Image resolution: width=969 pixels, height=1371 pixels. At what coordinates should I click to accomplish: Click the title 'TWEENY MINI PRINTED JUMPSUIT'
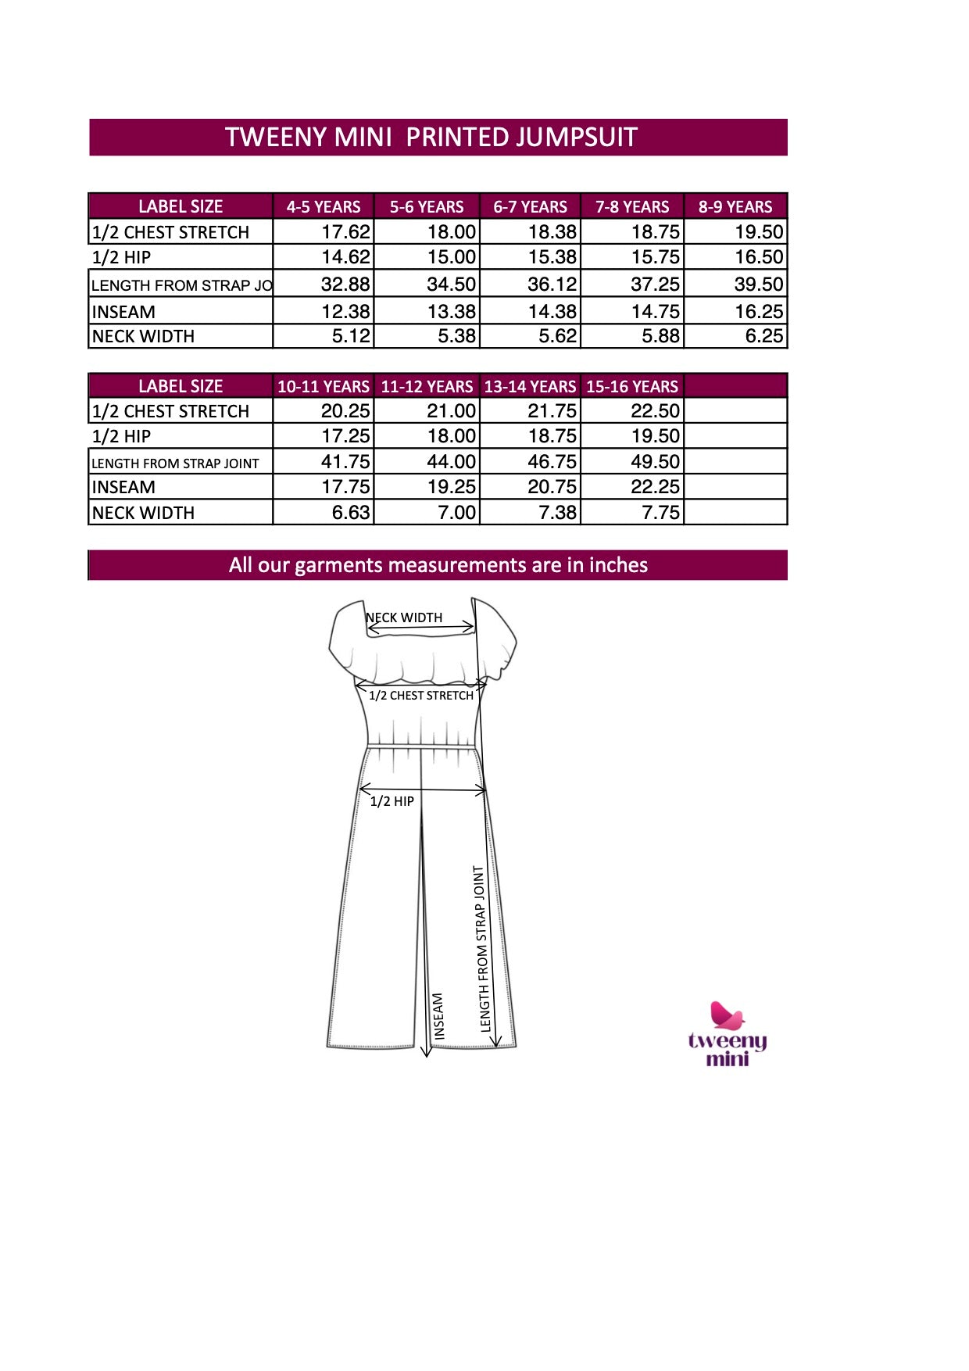(x=431, y=138)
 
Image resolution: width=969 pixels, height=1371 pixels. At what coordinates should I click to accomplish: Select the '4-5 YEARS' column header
(x=324, y=207)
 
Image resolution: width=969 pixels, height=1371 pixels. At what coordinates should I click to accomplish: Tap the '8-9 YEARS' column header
(x=735, y=207)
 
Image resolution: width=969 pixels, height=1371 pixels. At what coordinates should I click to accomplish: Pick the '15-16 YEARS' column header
(x=632, y=387)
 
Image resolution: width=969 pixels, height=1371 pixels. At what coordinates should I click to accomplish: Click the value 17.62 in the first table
(x=345, y=232)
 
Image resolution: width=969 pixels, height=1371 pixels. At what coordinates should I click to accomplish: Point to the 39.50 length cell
(x=758, y=285)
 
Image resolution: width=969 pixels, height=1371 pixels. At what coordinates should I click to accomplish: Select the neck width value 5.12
(x=350, y=336)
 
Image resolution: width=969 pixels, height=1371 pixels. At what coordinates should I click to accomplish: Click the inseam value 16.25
(x=758, y=312)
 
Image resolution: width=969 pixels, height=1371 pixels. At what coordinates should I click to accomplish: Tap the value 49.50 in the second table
(x=655, y=462)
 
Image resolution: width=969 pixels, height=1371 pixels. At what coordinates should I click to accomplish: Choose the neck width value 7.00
(x=456, y=513)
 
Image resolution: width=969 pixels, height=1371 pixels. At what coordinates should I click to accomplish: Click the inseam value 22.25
(x=655, y=487)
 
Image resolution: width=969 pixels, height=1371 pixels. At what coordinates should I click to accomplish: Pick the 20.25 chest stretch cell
(x=345, y=411)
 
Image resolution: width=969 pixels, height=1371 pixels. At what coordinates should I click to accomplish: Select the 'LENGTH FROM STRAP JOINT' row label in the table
(x=175, y=464)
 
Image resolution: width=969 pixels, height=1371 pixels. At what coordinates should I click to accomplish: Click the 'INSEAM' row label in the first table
(x=123, y=312)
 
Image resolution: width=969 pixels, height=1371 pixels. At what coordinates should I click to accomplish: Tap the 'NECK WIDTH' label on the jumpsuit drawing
(x=405, y=617)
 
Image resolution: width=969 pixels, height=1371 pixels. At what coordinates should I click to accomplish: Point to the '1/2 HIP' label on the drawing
(x=392, y=801)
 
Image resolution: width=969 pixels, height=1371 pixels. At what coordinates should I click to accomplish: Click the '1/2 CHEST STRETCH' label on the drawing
(x=421, y=696)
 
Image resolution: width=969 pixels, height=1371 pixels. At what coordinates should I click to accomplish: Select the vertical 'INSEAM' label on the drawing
(x=438, y=1015)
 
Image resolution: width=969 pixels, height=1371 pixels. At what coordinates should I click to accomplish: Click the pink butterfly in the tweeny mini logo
(x=727, y=1015)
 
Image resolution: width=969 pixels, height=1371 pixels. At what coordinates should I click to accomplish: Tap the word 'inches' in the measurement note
(x=618, y=565)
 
